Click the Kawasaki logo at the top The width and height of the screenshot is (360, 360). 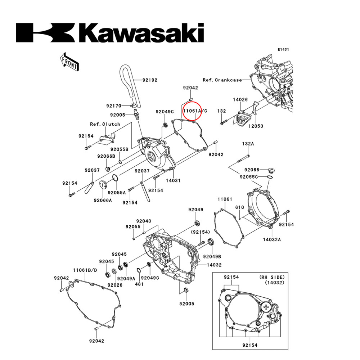click(x=110, y=33)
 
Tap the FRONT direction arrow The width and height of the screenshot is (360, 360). click(x=69, y=61)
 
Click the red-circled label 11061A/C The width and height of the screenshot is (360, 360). click(x=195, y=111)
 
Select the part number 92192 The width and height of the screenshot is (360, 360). click(x=149, y=80)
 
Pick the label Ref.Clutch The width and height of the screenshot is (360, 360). click(x=105, y=124)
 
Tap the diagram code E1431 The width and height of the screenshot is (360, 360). click(x=283, y=50)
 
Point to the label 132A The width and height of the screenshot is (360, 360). click(x=248, y=144)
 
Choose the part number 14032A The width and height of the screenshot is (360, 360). click(x=271, y=239)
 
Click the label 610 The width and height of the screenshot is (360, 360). click(x=239, y=208)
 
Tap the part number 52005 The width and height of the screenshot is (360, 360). click(x=187, y=303)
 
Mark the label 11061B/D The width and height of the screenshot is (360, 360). click(x=85, y=270)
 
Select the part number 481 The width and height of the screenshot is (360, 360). click(x=139, y=284)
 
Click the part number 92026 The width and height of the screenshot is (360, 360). click(x=115, y=285)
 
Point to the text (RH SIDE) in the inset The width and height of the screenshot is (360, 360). click(x=272, y=277)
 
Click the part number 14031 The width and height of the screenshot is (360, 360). click(x=173, y=180)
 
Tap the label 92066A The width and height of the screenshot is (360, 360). click(x=103, y=200)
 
